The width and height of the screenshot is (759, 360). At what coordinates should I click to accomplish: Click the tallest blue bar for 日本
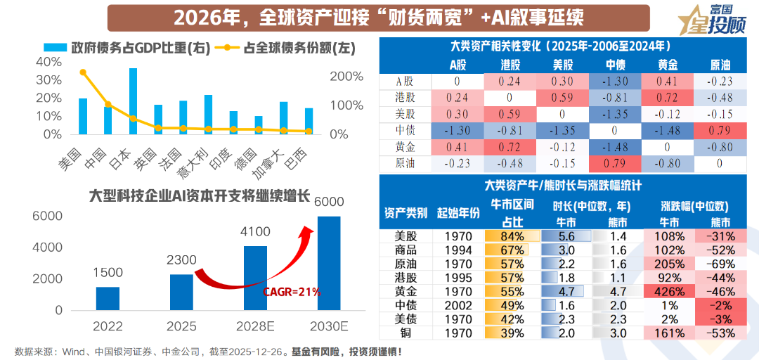(133, 101)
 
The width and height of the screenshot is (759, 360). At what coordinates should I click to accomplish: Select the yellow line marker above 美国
(83, 72)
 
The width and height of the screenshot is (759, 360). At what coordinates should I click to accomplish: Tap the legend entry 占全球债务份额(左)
(290, 48)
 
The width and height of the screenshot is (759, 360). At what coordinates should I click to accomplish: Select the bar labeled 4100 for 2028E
(255, 278)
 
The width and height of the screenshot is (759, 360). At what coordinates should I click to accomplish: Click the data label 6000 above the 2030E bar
(329, 202)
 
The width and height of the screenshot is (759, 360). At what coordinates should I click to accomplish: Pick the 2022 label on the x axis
(108, 326)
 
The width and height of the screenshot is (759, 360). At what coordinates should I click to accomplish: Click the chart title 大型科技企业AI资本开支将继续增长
(199, 195)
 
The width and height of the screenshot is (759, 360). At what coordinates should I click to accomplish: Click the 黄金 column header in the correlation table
(668, 65)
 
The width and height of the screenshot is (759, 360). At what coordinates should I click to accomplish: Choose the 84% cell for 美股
(511, 236)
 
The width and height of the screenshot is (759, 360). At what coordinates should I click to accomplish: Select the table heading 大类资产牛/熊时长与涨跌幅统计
(567, 186)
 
